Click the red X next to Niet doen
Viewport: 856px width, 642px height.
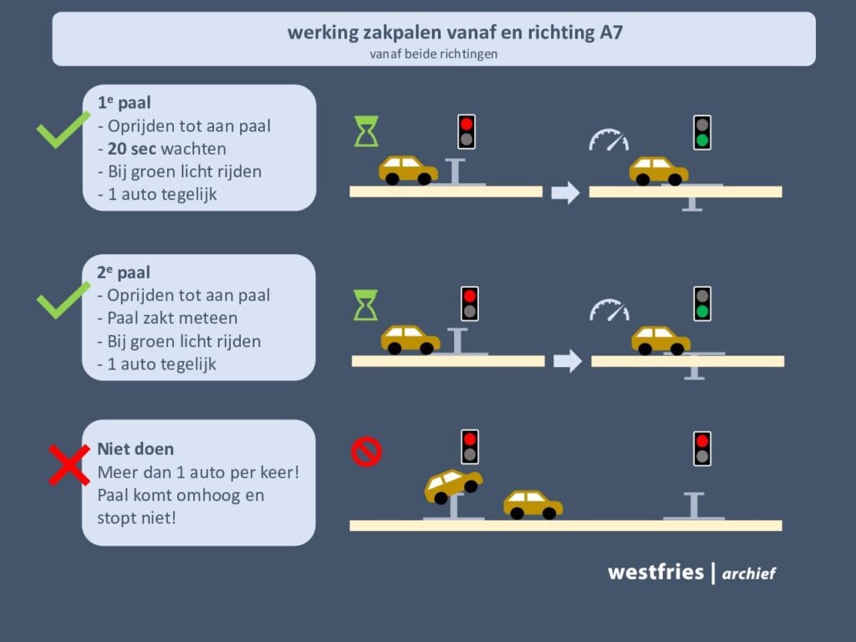[x=69, y=465]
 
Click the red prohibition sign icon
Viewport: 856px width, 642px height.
[x=366, y=451]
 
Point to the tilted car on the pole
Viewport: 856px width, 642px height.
[x=453, y=486]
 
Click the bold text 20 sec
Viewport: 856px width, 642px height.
[x=132, y=149]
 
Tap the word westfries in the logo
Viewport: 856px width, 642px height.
[x=655, y=572]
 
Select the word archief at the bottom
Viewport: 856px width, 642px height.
[x=748, y=573]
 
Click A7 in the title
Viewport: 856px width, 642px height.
[x=611, y=33]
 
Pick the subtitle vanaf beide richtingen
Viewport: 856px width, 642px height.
[x=434, y=54]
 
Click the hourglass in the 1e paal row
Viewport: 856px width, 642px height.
[x=366, y=131]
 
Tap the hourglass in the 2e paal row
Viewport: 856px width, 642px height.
[x=366, y=304]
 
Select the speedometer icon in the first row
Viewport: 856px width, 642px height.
[x=609, y=140]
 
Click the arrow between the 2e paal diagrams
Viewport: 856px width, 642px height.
[x=568, y=361]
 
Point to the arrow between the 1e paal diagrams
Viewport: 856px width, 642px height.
[x=566, y=192]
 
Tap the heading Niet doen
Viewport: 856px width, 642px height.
[x=135, y=449]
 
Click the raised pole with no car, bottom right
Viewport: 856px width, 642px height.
[x=694, y=506]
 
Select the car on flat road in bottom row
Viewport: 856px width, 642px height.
[x=532, y=504]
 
